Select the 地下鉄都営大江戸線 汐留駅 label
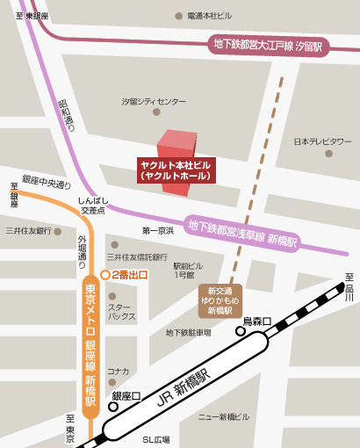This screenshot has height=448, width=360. click(269, 44)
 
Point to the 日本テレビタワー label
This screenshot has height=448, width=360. click(322, 141)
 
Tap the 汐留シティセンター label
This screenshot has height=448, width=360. click(154, 102)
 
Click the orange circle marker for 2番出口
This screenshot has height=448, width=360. click(104, 275)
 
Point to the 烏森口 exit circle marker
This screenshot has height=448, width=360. click(240, 332)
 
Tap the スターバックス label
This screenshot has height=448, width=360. click(121, 311)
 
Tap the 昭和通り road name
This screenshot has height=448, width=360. click(67, 112)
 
